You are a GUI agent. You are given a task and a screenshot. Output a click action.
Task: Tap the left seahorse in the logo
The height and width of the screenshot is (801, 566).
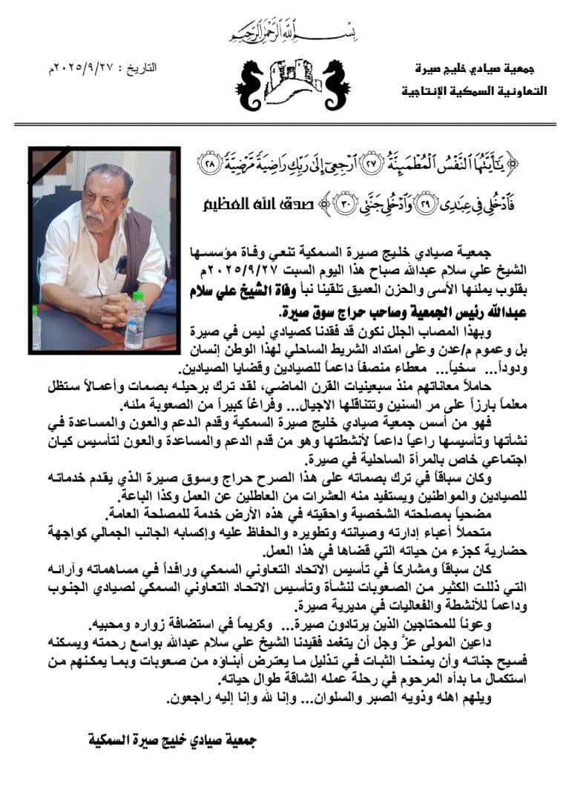click(x=253, y=84)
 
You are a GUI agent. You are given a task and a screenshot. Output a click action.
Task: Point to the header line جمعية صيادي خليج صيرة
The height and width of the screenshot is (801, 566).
click(x=481, y=69)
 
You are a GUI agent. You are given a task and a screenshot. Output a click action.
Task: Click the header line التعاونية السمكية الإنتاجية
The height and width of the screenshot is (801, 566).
click(x=474, y=92)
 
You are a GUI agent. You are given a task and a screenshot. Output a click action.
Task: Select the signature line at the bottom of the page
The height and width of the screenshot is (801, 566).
click(x=173, y=739)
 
